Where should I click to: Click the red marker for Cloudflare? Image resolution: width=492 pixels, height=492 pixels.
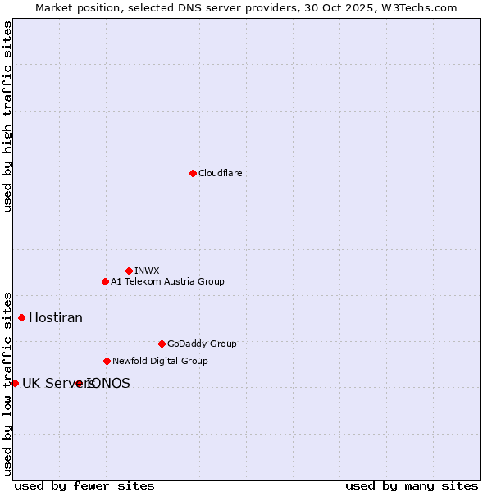193,173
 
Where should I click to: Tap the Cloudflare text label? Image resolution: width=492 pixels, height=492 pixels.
220,173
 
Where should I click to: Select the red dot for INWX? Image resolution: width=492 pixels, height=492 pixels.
129,271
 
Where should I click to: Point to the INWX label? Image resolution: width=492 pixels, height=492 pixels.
147,271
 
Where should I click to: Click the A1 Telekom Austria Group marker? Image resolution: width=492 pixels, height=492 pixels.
105,281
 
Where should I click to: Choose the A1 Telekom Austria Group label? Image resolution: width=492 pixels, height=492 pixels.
167,281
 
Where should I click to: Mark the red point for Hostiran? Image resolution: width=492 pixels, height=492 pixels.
21,317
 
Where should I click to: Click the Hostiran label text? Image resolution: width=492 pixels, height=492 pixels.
56,317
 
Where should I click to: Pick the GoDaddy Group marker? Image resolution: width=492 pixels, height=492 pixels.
162,344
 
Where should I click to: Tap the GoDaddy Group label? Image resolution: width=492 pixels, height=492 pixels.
202,344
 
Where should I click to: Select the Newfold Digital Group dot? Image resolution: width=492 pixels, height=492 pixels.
107,361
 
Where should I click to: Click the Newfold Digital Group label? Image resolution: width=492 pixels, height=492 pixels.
160,361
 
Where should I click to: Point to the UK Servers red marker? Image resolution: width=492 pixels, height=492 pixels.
15,383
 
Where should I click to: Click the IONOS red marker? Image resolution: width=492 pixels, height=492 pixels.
79,383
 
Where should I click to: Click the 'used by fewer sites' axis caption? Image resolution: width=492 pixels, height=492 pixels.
84,485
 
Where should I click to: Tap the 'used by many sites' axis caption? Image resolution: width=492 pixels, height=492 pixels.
412,485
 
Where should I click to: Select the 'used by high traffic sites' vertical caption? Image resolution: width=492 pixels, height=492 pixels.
7,116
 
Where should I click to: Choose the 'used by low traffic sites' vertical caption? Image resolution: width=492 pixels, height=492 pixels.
7,383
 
